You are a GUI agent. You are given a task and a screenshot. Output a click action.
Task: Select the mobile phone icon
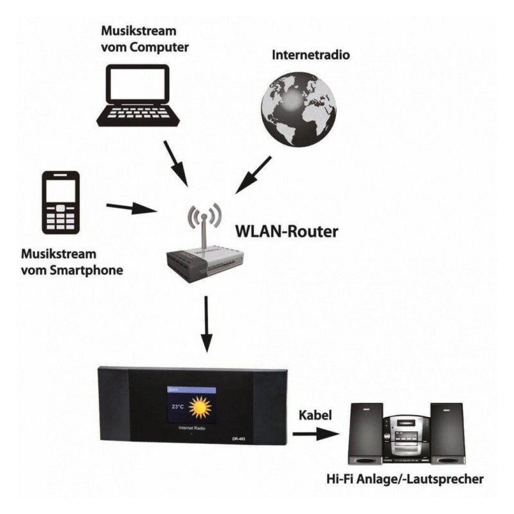[61, 202]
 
